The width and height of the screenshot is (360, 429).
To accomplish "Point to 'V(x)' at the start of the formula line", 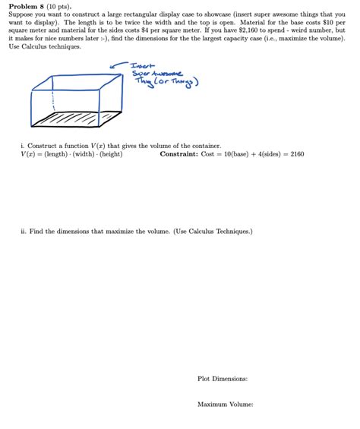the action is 29,153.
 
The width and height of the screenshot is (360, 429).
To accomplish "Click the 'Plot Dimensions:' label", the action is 223,379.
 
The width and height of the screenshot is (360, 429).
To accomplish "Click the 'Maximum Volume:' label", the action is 225,405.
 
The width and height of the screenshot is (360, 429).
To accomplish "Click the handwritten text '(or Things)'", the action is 180,82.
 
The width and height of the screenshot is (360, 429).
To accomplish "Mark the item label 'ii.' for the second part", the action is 24,231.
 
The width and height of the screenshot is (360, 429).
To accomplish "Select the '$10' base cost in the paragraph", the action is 321,22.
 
